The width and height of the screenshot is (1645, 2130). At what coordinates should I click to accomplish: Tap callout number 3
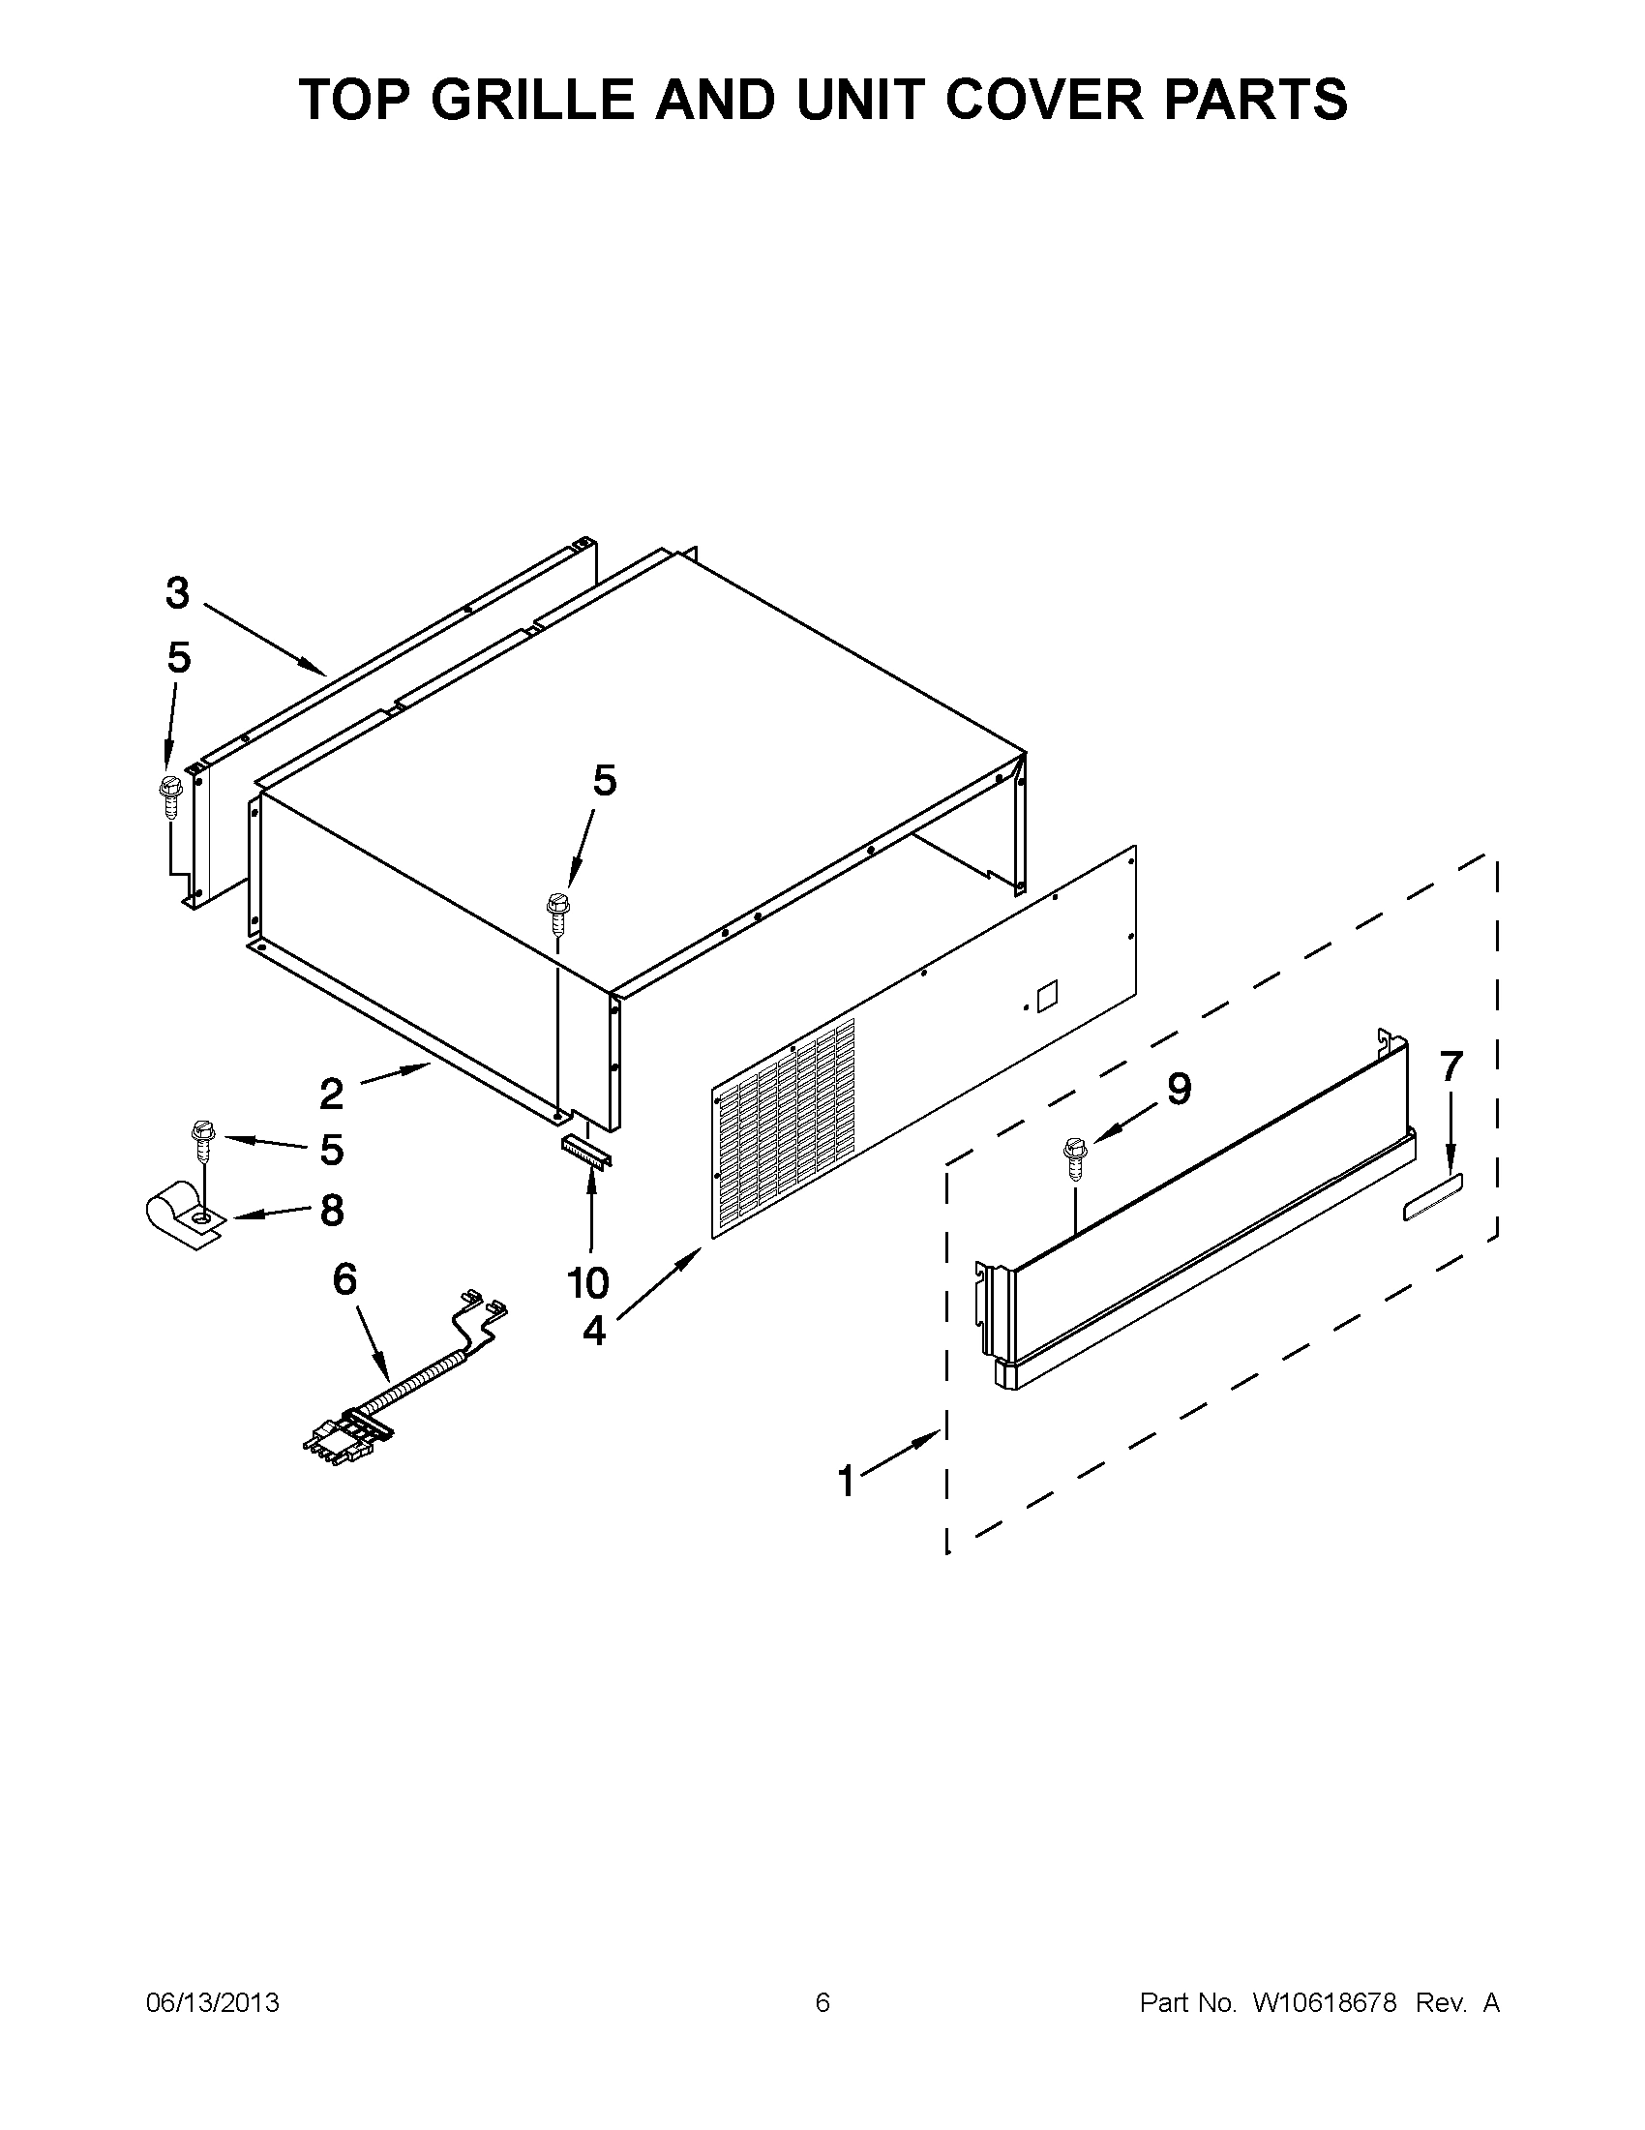[176, 593]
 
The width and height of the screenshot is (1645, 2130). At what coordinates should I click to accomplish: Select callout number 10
[588, 1283]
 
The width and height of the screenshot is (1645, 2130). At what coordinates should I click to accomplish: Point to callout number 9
[1179, 1089]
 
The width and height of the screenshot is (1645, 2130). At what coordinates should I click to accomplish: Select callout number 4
[594, 1331]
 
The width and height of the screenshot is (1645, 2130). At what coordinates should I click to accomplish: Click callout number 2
[332, 1095]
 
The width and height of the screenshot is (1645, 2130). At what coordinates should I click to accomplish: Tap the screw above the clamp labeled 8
[202, 1141]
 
